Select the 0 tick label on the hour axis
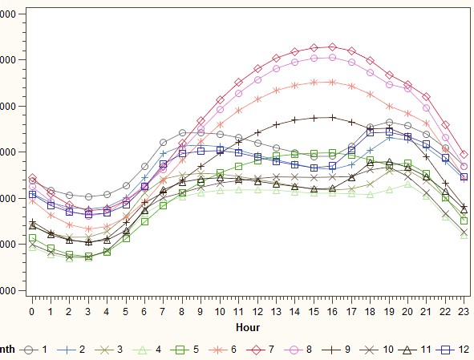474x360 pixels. point(32,310)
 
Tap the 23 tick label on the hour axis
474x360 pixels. point(464,310)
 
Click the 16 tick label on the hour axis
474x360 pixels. point(332,310)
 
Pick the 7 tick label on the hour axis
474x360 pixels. point(163,310)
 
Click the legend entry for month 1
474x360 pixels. point(37,350)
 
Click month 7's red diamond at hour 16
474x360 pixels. point(332,47)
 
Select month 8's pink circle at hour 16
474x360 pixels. point(332,58)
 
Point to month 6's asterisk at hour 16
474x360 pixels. point(332,82)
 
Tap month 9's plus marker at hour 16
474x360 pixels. point(332,117)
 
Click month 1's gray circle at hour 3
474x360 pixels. point(88,196)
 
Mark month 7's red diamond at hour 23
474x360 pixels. point(464,154)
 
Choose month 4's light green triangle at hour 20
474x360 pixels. point(407,184)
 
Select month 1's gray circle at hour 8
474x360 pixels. point(182,133)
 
